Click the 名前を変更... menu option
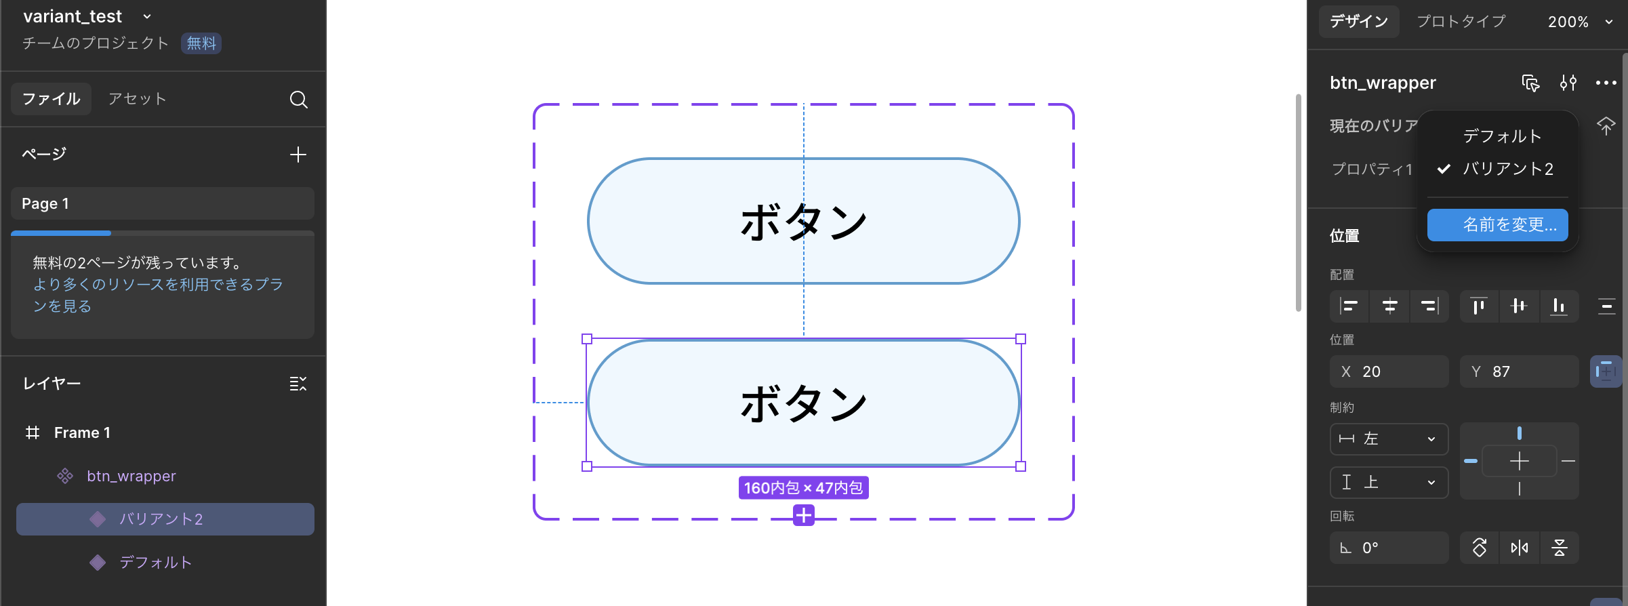coord(1497,225)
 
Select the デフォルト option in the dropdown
coord(1502,136)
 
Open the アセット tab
coord(137,99)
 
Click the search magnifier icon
coord(298,100)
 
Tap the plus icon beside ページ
coord(298,155)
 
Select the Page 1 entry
coord(163,203)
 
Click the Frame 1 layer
coord(82,432)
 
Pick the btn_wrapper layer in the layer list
coord(131,476)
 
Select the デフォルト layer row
coord(155,562)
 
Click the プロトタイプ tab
coord(1461,22)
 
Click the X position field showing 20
coord(1389,371)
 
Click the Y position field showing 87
coord(1520,371)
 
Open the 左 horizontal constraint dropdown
coord(1389,439)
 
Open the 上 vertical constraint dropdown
coord(1389,483)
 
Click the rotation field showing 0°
coord(1389,548)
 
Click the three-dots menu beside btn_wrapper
coord(1606,83)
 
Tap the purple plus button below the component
coord(804,516)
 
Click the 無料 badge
coord(201,43)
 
